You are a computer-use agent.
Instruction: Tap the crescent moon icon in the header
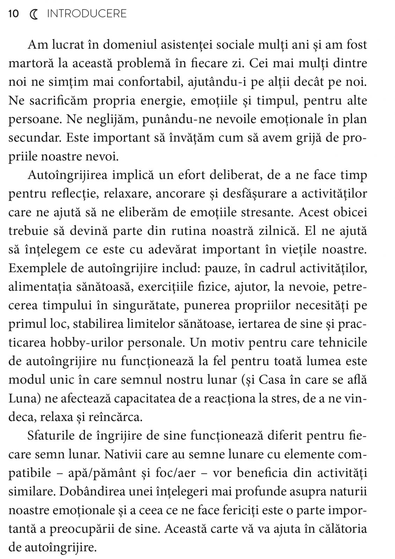coord(34,14)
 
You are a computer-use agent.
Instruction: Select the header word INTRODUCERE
coord(87,14)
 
